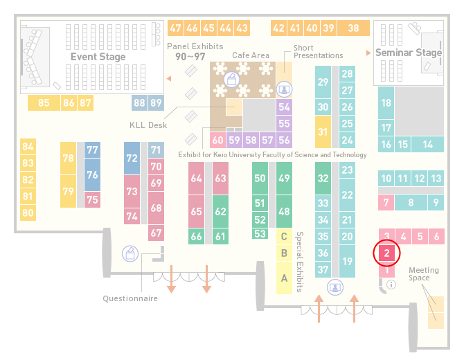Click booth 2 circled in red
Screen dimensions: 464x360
click(386, 253)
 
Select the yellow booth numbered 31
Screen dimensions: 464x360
click(323, 132)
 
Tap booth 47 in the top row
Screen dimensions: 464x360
click(175, 28)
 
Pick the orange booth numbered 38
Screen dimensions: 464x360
click(354, 28)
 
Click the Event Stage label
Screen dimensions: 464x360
click(98, 57)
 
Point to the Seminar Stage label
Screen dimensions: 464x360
click(409, 53)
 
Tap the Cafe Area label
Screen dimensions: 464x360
click(251, 55)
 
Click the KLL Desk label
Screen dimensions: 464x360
click(148, 125)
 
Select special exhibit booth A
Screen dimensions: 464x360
click(284, 278)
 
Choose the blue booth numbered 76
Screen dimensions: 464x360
click(92, 174)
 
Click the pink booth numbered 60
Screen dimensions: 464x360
click(217, 140)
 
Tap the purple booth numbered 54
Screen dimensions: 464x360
click(284, 107)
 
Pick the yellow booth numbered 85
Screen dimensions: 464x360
click(44, 103)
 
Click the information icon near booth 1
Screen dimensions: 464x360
click(391, 285)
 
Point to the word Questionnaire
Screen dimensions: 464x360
click(130, 298)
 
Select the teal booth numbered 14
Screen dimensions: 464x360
click(427, 145)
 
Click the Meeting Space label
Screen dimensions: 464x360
click(423, 274)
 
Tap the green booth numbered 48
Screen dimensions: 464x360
click(284, 211)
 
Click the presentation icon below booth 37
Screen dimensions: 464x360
click(335, 287)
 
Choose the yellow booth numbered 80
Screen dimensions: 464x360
click(28, 213)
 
